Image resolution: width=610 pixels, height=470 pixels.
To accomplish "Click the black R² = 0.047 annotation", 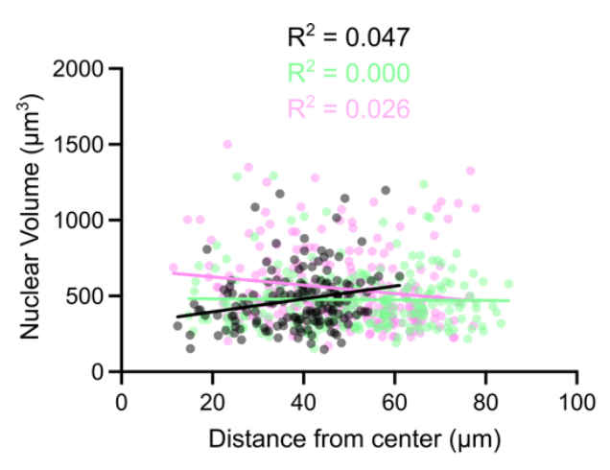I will pyautogui.click(x=349, y=38).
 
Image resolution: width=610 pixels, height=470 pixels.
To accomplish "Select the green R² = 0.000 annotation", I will pyautogui.click(x=349, y=73).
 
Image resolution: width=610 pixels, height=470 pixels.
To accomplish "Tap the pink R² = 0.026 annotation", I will pyautogui.click(x=349, y=107).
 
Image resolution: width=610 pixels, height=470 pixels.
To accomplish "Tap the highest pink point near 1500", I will pyautogui.click(x=227, y=145).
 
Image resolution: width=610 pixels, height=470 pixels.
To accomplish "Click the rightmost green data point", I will pyautogui.click(x=508, y=284).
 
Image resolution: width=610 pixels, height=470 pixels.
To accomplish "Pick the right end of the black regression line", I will pyautogui.click(x=400, y=285).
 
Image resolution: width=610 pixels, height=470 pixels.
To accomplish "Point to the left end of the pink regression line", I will pyautogui.click(x=174, y=273).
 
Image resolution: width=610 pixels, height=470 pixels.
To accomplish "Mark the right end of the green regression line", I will pyautogui.click(x=508, y=301).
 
